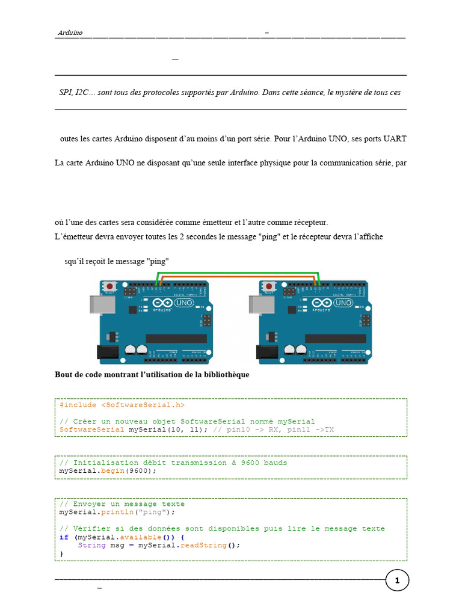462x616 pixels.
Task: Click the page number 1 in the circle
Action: (397, 581)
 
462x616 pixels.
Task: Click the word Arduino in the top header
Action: (70, 32)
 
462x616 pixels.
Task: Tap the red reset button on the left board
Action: (110, 285)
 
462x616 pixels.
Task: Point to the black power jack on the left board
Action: (107, 353)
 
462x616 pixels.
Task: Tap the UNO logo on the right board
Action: (343, 303)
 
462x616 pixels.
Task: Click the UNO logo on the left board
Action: (183, 303)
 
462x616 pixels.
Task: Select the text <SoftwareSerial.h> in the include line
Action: (139, 405)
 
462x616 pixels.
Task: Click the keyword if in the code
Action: (64, 537)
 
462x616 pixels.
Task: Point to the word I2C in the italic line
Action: (81, 93)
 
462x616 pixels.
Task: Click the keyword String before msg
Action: (91, 545)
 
